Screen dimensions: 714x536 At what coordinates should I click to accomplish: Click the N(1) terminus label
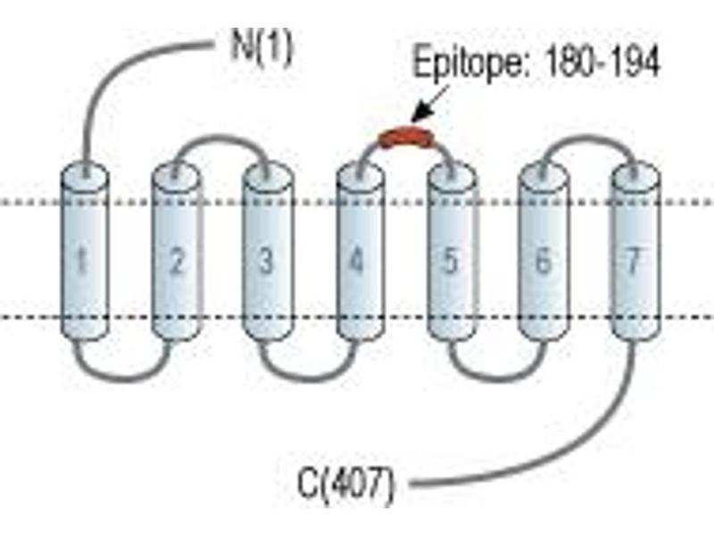click(x=261, y=48)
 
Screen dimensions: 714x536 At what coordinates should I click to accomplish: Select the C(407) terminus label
click(x=345, y=484)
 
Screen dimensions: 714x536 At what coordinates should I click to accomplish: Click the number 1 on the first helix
click(x=81, y=261)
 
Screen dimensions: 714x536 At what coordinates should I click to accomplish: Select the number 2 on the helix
click(x=177, y=261)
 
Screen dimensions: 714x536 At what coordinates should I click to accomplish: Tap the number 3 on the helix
click(x=265, y=261)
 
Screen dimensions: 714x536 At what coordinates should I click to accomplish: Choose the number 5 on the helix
click(x=450, y=261)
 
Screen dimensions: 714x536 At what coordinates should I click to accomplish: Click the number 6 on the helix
click(x=543, y=261)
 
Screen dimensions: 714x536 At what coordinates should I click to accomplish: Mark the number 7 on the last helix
click(x=634, y=261)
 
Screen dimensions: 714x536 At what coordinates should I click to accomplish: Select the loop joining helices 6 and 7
click(x=587, y=138)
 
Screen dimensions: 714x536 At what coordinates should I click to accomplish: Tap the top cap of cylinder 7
click(x=635, y=174)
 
